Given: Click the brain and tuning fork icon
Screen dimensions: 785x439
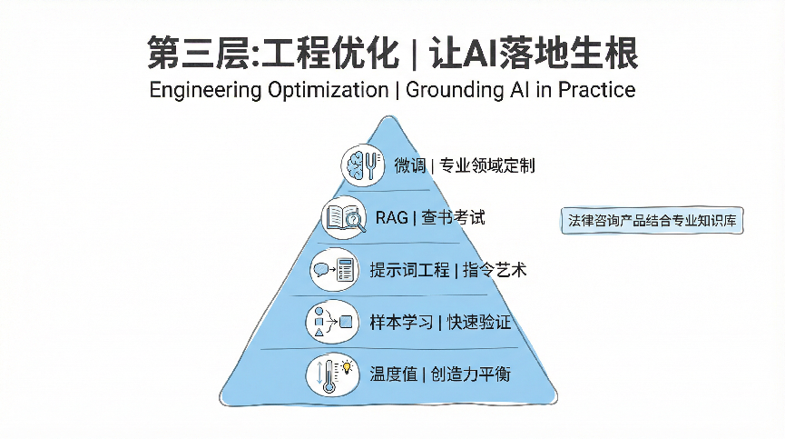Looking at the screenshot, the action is point(363,165).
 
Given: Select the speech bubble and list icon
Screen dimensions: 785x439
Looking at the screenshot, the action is point(335,270).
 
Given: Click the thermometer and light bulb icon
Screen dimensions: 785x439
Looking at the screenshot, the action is point(332,374).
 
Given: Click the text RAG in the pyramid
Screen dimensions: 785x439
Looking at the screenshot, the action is point(391,218).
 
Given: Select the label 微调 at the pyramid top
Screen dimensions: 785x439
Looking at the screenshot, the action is point(409,165).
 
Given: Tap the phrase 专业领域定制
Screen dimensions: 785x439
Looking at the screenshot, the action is point(487,165).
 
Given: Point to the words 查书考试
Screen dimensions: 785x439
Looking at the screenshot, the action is point(453,218).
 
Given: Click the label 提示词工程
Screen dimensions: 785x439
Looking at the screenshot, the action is point(409,270).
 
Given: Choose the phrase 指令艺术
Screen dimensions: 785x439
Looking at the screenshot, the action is point(495,270).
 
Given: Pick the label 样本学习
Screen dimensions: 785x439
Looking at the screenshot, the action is point(401,323).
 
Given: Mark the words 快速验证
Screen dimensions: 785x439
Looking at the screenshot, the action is point(478,323).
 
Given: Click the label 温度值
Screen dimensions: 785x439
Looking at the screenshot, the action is point(394,374).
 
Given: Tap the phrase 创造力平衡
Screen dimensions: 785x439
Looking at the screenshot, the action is point(471,374).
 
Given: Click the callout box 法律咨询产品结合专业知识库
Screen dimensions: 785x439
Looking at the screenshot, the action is point(653,221).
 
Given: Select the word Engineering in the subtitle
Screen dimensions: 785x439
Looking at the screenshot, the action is point(205,90).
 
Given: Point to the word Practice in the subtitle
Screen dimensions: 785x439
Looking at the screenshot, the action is point(597,90).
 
